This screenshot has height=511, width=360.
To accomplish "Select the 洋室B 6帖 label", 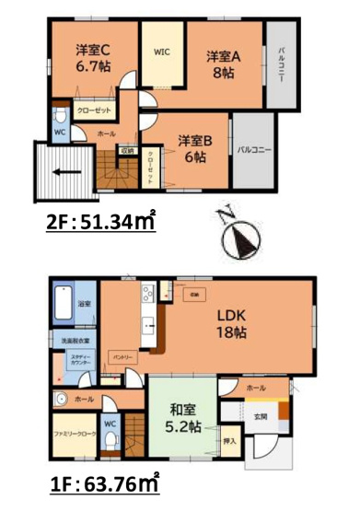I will point(194,148).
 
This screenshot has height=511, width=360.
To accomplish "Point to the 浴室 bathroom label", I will point(82,303).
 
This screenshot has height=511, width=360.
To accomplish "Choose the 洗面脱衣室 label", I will point(75,343).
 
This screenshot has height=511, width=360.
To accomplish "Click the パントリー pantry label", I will point(124,354).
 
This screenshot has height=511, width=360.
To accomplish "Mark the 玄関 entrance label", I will point(262,416).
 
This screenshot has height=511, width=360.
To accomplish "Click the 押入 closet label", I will point(229,441).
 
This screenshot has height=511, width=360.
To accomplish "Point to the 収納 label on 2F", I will point(126,150).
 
